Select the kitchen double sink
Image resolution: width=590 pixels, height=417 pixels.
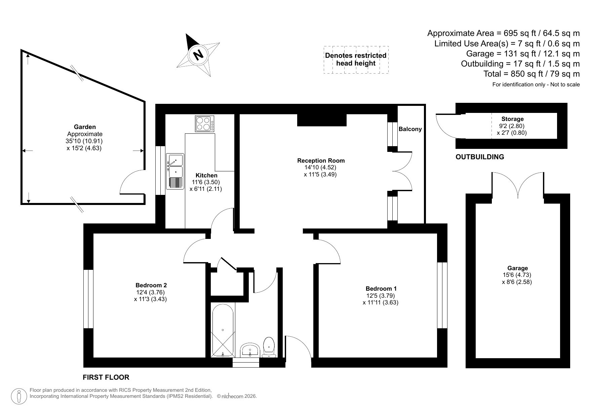point(175,171)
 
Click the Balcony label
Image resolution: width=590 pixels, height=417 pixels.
point(410,129)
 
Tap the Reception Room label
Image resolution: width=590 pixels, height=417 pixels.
point(321,161)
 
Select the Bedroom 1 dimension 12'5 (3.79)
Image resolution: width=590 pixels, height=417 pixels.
point(380,296)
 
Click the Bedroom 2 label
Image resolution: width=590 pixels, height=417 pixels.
point(151,285)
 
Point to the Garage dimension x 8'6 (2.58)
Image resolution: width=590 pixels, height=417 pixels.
point(517,282)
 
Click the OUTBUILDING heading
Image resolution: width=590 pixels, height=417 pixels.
point(479,157)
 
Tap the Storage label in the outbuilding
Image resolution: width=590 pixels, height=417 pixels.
point(512,119)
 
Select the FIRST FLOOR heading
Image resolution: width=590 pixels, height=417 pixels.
point(106,377)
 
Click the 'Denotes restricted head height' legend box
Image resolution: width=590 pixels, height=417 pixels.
point(356,59)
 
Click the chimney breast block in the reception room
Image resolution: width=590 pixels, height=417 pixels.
point(321,120)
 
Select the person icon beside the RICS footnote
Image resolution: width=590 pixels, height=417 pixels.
point(19,396)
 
